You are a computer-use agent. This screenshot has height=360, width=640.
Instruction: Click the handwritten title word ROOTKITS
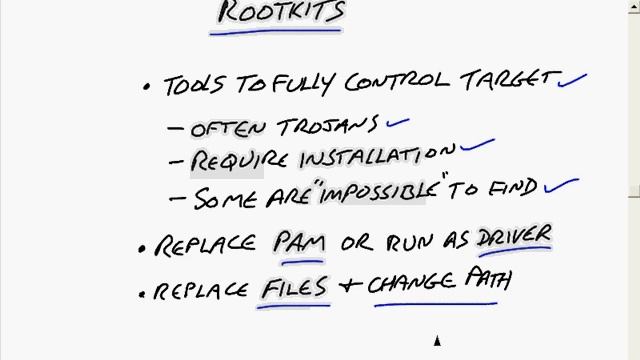[x=282, y=11]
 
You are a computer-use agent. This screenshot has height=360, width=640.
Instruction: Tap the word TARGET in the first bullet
[x=510, y=80]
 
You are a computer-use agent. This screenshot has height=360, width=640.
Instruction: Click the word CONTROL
[x=397, y=82]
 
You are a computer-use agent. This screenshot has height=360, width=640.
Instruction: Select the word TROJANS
[x=327, y=126]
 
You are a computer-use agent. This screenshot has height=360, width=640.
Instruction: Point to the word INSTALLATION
[x=377, y=156]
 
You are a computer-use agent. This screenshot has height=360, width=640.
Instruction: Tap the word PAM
[x=299, y=242]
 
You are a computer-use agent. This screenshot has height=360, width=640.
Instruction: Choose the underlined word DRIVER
[x=514, y=236]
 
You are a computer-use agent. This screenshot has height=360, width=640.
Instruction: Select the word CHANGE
[x=411, y=282]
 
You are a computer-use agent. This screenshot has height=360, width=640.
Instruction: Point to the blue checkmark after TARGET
[x=572, y=81]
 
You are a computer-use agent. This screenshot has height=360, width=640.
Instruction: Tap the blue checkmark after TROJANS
[x=398, y=123]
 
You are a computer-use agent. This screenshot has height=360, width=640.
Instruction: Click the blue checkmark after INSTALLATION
[x=477, y=145]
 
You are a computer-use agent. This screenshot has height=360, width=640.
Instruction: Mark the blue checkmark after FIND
[x=561, y=185]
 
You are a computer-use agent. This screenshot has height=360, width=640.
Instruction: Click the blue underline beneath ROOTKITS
[x=276, y=31]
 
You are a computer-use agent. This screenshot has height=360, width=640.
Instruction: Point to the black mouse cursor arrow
[x=437, y=340]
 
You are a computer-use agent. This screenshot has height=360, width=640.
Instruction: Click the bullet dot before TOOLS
[x=147, y=87]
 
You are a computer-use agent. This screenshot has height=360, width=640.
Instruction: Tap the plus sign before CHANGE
[x=350, y=285]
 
